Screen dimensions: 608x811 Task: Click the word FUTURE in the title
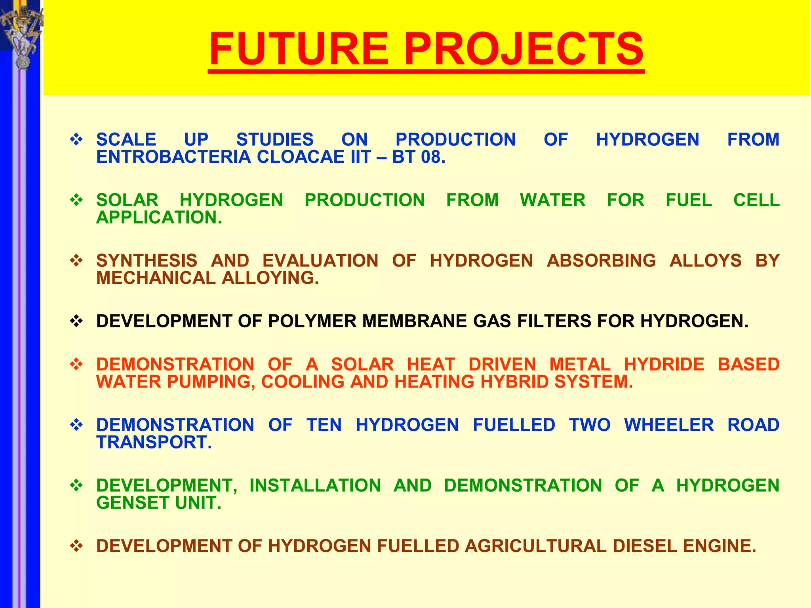tap(299, 49)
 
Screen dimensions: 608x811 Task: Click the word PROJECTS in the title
tap(524, 49)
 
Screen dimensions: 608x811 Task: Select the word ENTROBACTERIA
tap(174, 157)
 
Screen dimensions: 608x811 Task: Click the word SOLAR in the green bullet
tap(127, 200)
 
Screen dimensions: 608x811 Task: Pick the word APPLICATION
tap(159, 217)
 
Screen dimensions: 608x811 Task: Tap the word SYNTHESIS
tap(147, 260)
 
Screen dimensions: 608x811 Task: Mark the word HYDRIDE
tap(664, 364)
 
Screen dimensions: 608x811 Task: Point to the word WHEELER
tap(669, 425)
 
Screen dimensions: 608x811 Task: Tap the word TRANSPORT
tap(154, 442)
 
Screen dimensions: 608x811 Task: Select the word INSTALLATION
tap(315, 485)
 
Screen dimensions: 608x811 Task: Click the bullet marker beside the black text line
tap(76, 321)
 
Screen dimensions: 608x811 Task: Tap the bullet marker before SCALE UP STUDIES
tap(76, 139)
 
